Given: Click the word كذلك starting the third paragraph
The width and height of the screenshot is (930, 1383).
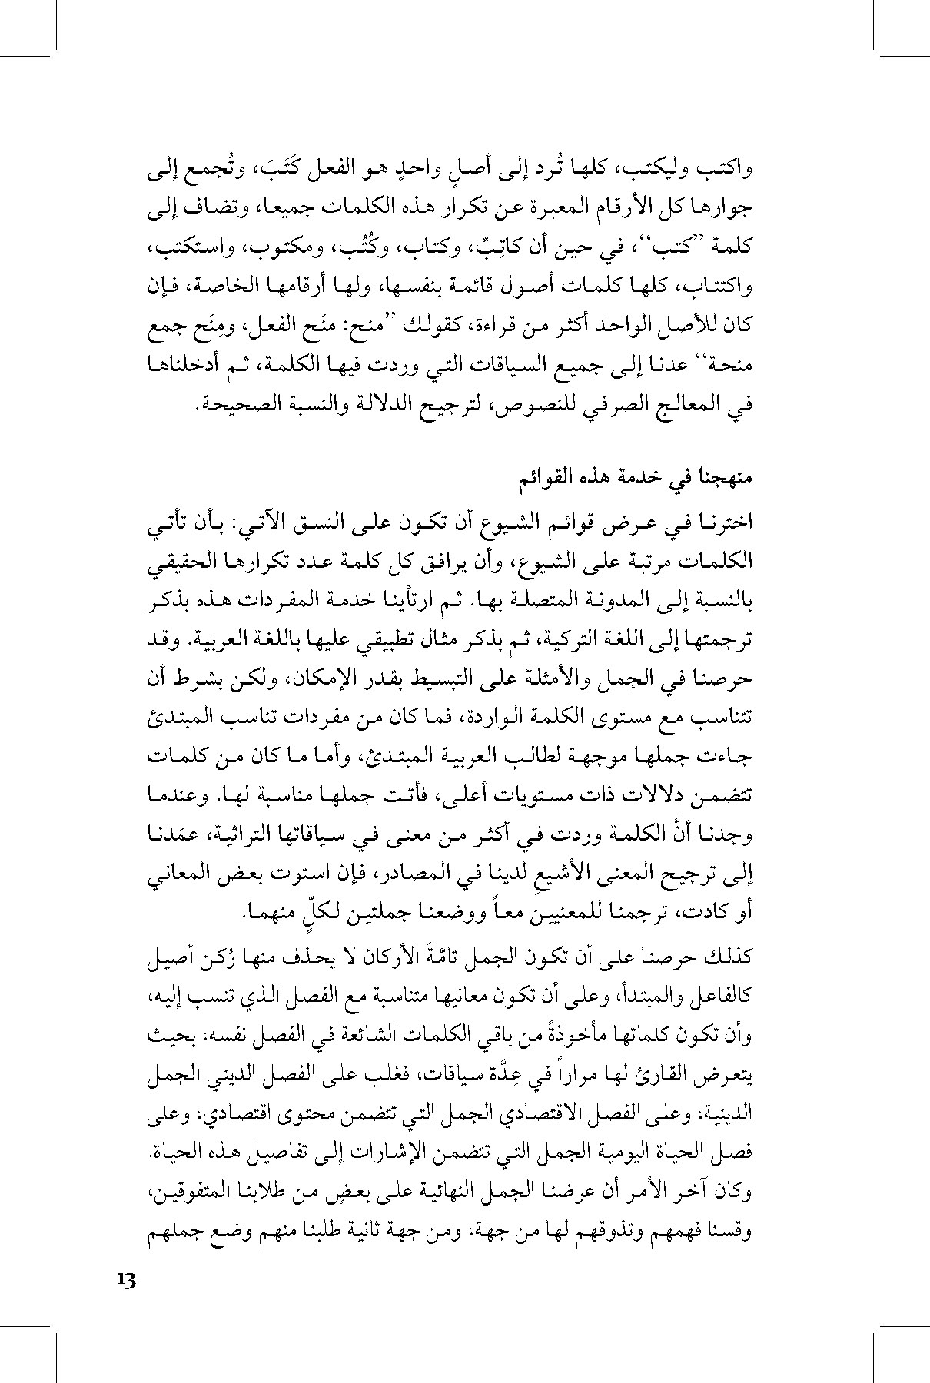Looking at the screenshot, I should (x=727, y=957).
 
